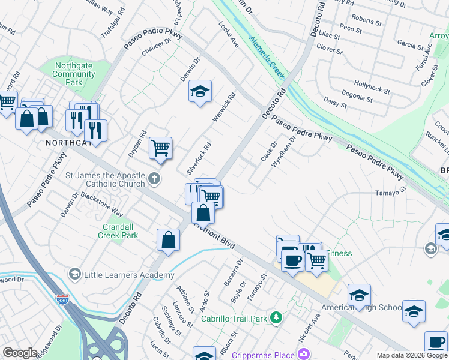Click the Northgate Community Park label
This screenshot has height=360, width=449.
coord(74,74)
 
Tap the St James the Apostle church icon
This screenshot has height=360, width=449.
coord(154,178)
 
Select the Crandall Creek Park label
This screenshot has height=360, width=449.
coord(118,231)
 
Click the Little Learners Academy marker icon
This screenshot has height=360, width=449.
coord(74,275)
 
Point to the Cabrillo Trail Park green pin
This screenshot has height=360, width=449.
coord(276,316)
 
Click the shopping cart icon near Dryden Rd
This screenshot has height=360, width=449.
coord(160,147)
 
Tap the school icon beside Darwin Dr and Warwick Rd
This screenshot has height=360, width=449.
coord(200,91)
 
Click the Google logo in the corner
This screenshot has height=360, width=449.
coord(20,353)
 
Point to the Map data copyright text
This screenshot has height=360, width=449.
coord(412,355)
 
